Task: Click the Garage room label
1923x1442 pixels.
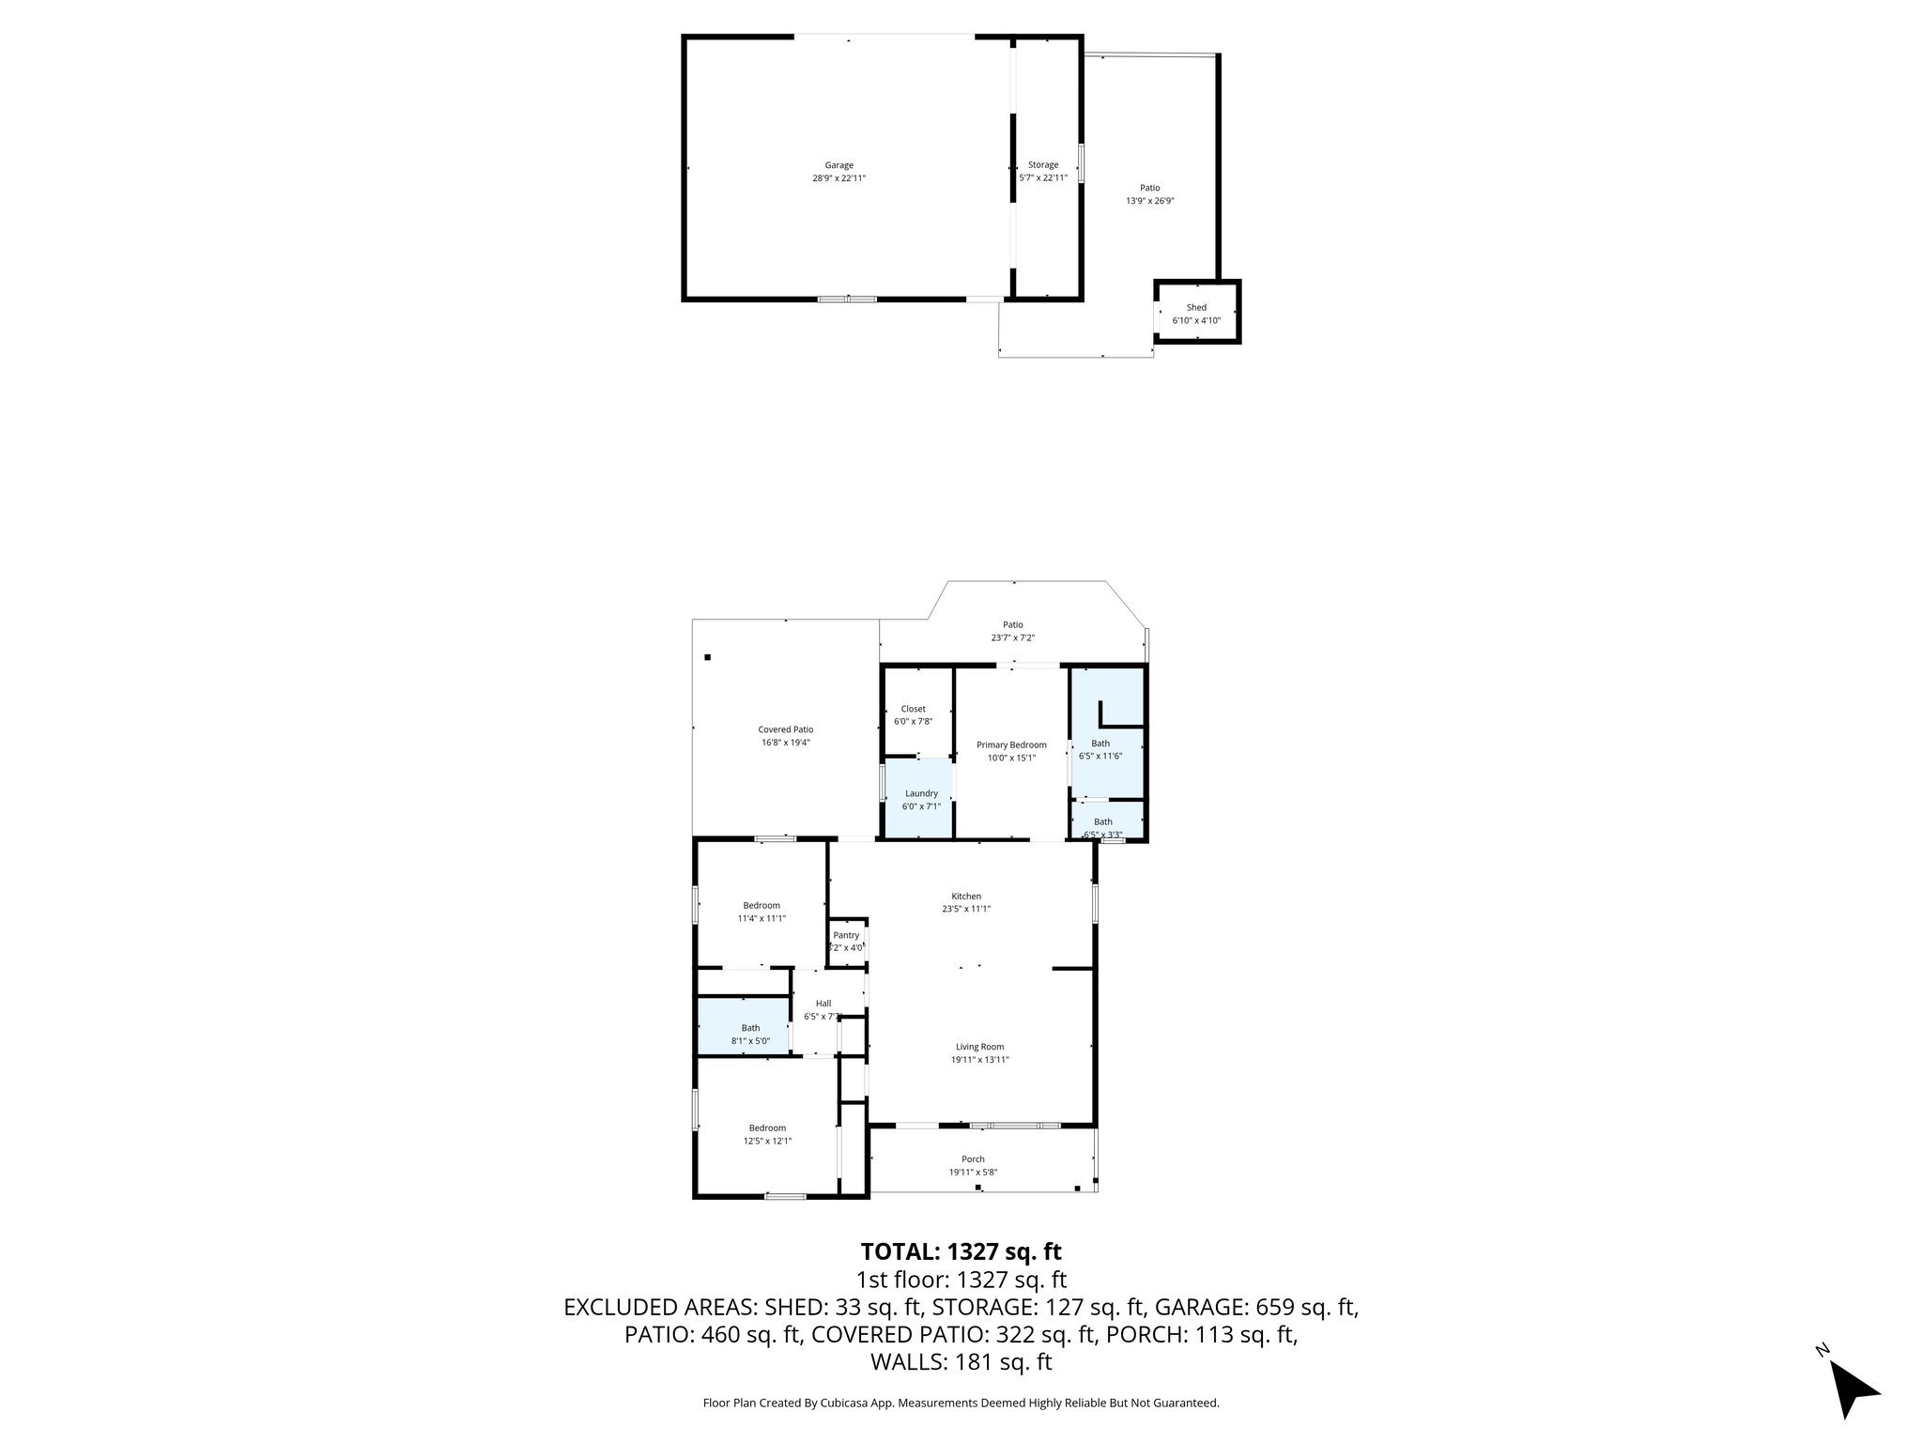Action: [838, 165]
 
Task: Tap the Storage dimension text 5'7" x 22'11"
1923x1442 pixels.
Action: [1042, 177]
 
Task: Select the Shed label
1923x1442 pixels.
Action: [1195, 307]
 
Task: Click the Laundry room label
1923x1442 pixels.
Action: [920, 793]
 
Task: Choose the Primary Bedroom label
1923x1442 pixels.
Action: [1010, 744]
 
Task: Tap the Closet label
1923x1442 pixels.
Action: [913, 709]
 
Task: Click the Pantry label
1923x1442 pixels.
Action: [845, 935]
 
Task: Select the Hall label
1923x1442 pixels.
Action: [823, 1004]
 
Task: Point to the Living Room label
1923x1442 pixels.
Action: [979, 1047]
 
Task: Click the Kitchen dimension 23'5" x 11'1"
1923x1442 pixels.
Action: [966, 909]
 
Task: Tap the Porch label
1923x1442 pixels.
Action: [973, 1159]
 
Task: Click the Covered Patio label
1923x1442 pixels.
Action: [785, 729]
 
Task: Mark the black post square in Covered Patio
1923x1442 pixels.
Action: [708, 657]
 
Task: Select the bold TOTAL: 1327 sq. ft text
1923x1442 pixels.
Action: [961, 1251]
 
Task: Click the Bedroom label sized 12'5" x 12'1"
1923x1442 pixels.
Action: [767, 1128]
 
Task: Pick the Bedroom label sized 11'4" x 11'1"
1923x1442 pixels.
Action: [762, 906]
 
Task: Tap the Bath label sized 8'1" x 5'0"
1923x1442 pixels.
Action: [750, 1028]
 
